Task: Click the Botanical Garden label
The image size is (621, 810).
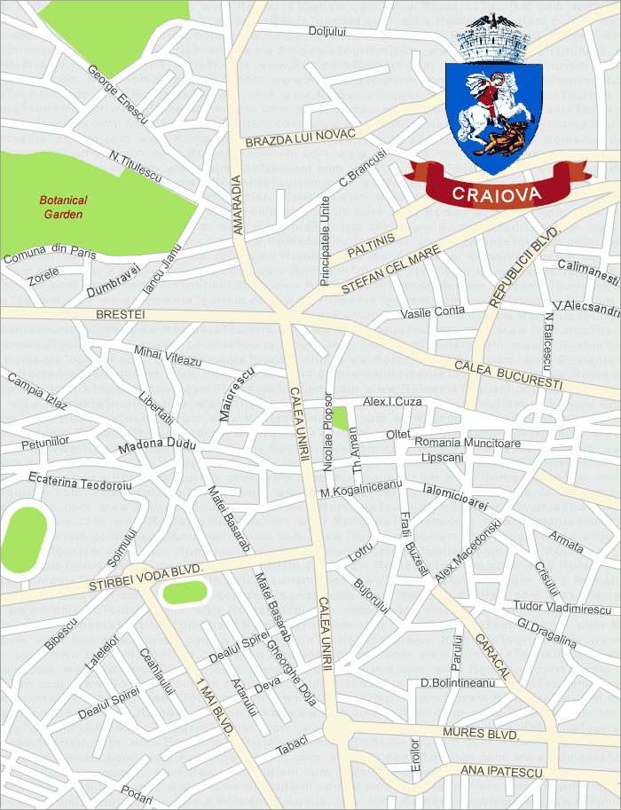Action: tap(63, 207)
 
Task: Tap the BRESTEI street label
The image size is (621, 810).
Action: tap(119, 314)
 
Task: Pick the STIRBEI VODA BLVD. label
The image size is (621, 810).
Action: tap(146, 577)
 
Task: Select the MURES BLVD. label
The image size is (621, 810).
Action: tap(479, 734)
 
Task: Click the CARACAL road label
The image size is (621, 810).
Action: tap(491, 657)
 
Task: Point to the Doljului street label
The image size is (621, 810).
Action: tap(326, 31)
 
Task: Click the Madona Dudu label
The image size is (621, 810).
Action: tap(157, 444)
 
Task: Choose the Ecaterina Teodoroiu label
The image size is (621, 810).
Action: tap(80, 484)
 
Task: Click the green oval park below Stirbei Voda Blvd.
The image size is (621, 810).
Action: tap(185, 591)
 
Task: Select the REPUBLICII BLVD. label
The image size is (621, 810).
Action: tap(524, 265)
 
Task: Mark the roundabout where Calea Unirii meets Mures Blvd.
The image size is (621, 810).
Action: tap(338, 730)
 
